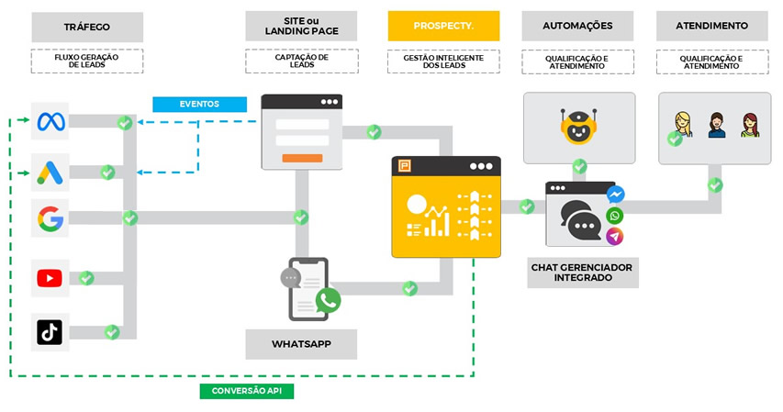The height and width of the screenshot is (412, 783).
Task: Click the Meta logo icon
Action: click(x=49, y=121)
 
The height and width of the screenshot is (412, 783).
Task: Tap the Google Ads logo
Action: click(x=49, y=171)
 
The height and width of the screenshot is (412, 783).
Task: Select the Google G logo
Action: click(x=49, y=218)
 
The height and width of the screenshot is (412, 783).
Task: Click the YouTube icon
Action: click(x=49, y=277)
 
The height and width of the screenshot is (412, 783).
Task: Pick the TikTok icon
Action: click(x=49, y=331)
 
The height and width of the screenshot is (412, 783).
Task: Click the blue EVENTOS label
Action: click(x=200, y=104)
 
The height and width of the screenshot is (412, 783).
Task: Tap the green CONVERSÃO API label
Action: click(x=246, y=391)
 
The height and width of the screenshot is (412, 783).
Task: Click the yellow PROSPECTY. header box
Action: click(x=443, y=26)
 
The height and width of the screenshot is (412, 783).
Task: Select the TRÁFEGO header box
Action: click(x=86, y=27)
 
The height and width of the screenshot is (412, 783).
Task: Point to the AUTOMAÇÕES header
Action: click(x=577, y=26)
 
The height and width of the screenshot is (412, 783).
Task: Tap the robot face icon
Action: click(x=578, y=126)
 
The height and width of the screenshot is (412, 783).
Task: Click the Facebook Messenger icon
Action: click(x=615, y=195)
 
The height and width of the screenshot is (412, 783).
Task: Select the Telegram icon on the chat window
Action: click(x=615, y=237)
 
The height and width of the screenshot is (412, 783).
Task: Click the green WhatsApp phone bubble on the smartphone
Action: click(x=328, y=299)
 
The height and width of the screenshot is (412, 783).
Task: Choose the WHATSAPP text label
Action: click(x=301, y=344)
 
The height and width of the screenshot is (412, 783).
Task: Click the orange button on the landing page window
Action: click(x=302, y=158)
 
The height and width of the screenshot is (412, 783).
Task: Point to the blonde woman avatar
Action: click(x=684, y=125)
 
